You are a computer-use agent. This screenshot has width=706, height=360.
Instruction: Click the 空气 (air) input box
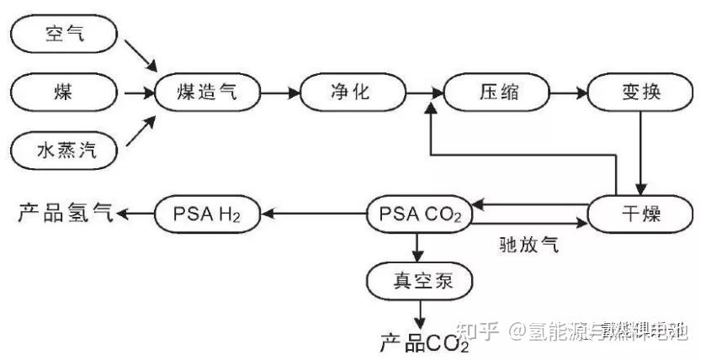coord(64,34)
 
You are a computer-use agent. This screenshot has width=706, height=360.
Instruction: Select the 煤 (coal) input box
coord(64,92)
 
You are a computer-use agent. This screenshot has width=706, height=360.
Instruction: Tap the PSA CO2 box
coord(416,214)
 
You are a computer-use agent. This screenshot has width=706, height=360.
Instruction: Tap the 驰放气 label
coord(523,245)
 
